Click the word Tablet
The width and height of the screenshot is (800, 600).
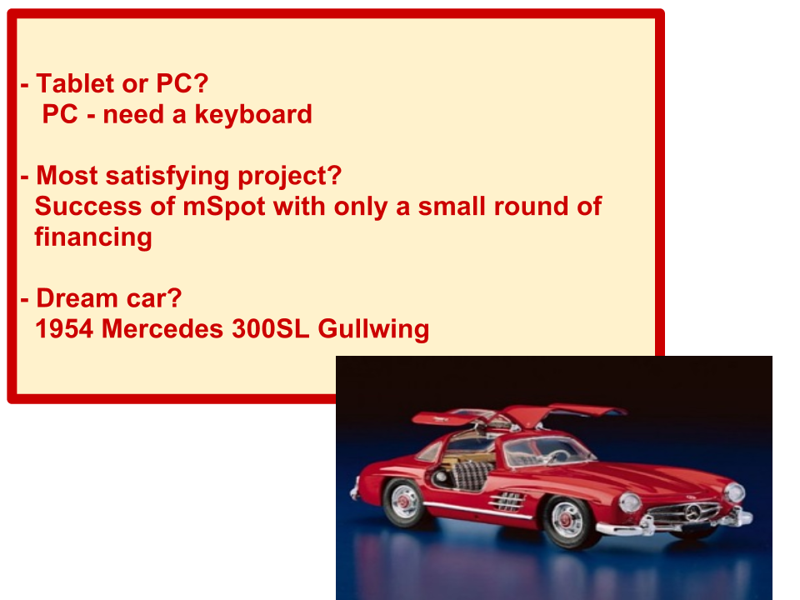(x=75, y=83)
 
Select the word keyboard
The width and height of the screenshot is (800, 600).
(x=253, y=114)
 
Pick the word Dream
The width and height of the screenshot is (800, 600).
(x=77, y=298)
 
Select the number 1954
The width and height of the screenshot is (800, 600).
(x=64, y=328)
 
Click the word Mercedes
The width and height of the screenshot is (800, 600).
(x=162, y=328)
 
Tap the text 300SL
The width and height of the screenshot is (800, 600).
(x=270, y=328)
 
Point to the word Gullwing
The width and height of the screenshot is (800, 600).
(x=373, y=330)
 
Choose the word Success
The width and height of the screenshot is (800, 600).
(x=88, y=206)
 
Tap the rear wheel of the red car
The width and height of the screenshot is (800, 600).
(x=404, y=502)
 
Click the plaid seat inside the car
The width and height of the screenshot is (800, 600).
(x=470, y=476)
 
